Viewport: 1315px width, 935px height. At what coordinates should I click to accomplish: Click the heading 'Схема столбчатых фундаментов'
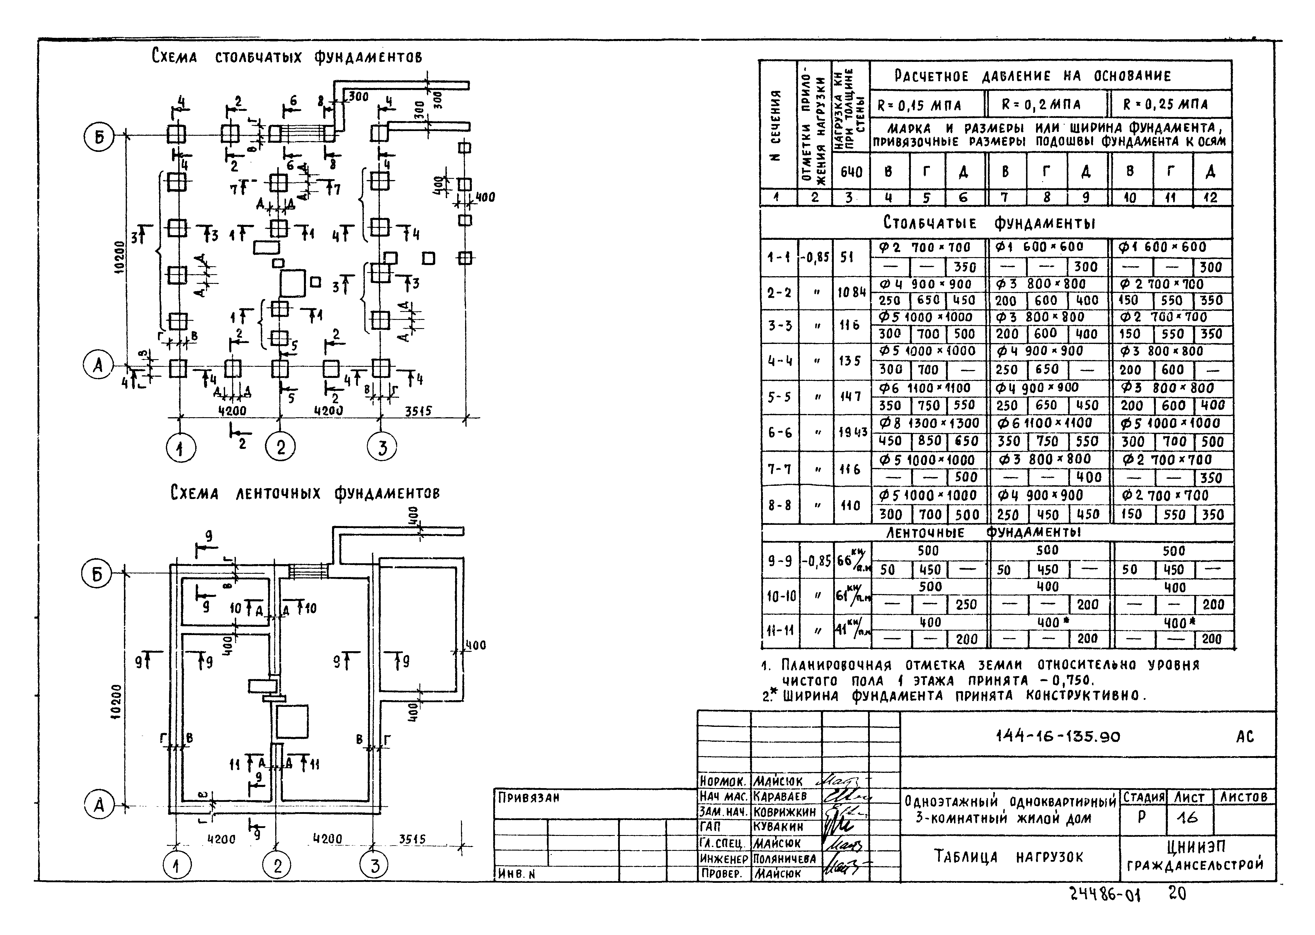click(287, 57)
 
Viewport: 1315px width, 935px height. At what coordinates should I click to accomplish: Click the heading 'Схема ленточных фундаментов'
click(305, 493)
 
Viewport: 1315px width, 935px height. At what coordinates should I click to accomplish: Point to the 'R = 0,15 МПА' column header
click(919, 105)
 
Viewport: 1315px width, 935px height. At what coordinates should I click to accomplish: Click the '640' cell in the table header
click(851, 172)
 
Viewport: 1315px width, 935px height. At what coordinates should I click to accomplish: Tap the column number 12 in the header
click(1210, 198)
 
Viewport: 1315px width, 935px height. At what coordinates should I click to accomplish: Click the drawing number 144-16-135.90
click(1058, 737)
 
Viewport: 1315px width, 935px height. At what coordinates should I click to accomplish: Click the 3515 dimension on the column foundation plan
click(419, 411)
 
